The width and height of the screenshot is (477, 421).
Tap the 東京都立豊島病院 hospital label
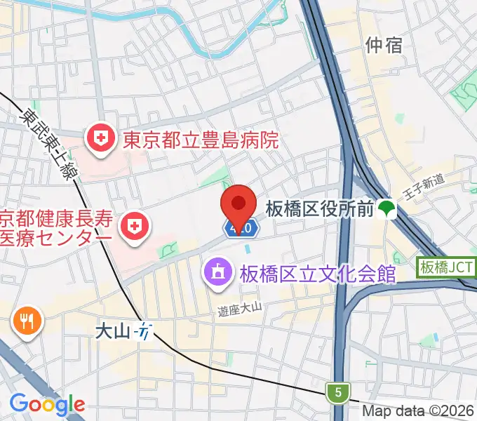click(x=201, y=141)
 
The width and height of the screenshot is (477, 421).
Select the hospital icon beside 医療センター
click(x=133, y=226)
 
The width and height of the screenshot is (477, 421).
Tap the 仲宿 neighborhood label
click(x=384, y=45)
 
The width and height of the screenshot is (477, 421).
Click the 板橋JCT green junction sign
click(x=446, y=267)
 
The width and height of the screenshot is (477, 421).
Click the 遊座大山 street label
click(x=238, y=307)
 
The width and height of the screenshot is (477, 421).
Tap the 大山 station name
click(x=113, y=330)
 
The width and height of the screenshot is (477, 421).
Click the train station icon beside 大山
click(x=145, y=330)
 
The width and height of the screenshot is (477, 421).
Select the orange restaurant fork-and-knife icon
click(x=27, y=322)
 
